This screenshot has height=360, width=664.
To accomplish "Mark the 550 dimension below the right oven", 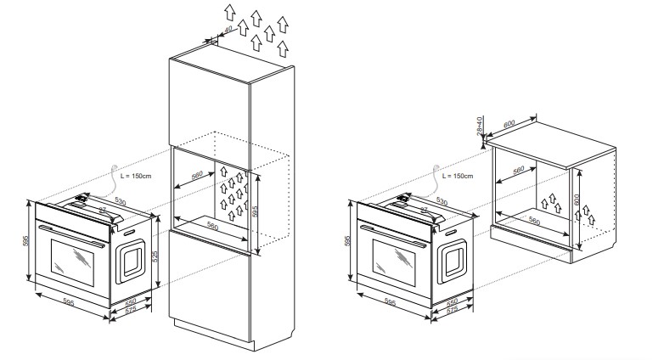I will pyautogui.click(x=453, y=303).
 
